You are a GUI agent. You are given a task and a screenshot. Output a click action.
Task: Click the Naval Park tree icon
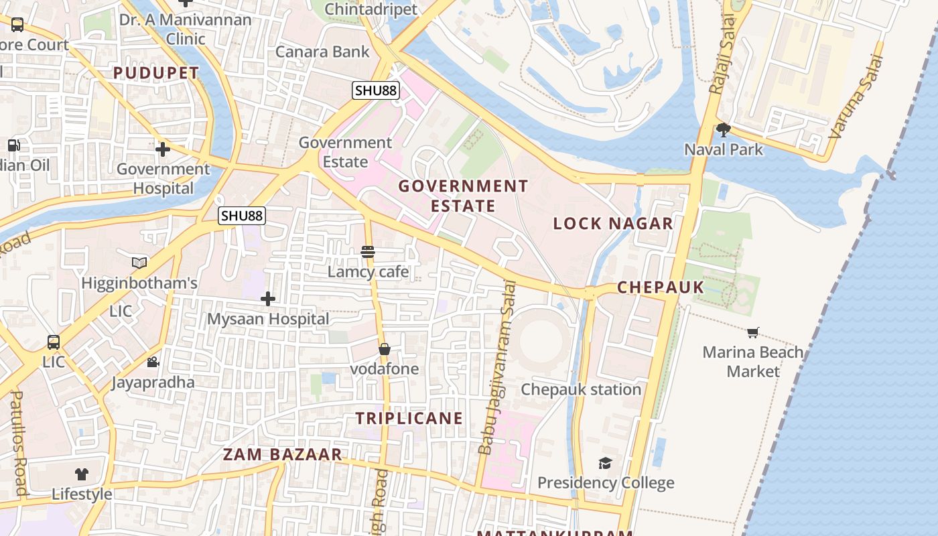click(723, 129)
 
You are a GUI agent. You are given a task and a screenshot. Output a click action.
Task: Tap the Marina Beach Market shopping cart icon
click(753, 332)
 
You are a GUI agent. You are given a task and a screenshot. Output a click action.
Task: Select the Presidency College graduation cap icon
click(605, 463)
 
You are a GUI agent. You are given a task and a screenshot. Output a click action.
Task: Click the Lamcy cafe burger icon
click(368, 252)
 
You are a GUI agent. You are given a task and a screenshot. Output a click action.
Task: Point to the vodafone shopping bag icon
click(385, 349)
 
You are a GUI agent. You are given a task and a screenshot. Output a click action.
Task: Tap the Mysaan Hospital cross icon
click(268, 299)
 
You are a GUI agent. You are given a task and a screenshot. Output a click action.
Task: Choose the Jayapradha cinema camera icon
click(153, 362)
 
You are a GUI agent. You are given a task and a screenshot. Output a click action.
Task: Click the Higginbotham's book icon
click(139, 263)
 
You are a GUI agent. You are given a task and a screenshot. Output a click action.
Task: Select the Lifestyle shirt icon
click(82, 474)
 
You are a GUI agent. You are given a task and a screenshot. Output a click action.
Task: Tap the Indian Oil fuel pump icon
click(13, 145)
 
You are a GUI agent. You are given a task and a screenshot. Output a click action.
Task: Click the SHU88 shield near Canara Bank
click(376, 90)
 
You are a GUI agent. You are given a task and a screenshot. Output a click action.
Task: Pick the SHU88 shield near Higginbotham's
click(242, 215)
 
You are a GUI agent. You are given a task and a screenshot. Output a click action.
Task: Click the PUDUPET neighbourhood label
click(156, 73)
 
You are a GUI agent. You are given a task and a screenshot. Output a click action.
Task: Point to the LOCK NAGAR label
click(612, 224)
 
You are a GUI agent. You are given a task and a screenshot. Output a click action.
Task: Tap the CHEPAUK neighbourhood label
click(660, 287)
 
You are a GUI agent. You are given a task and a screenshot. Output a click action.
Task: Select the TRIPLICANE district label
click(409, 418)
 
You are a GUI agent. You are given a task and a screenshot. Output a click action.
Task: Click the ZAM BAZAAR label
click(282, 454)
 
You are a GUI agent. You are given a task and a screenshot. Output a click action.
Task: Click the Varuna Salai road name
click(856, 98)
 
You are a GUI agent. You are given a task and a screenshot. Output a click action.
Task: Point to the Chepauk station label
click(581, 389)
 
